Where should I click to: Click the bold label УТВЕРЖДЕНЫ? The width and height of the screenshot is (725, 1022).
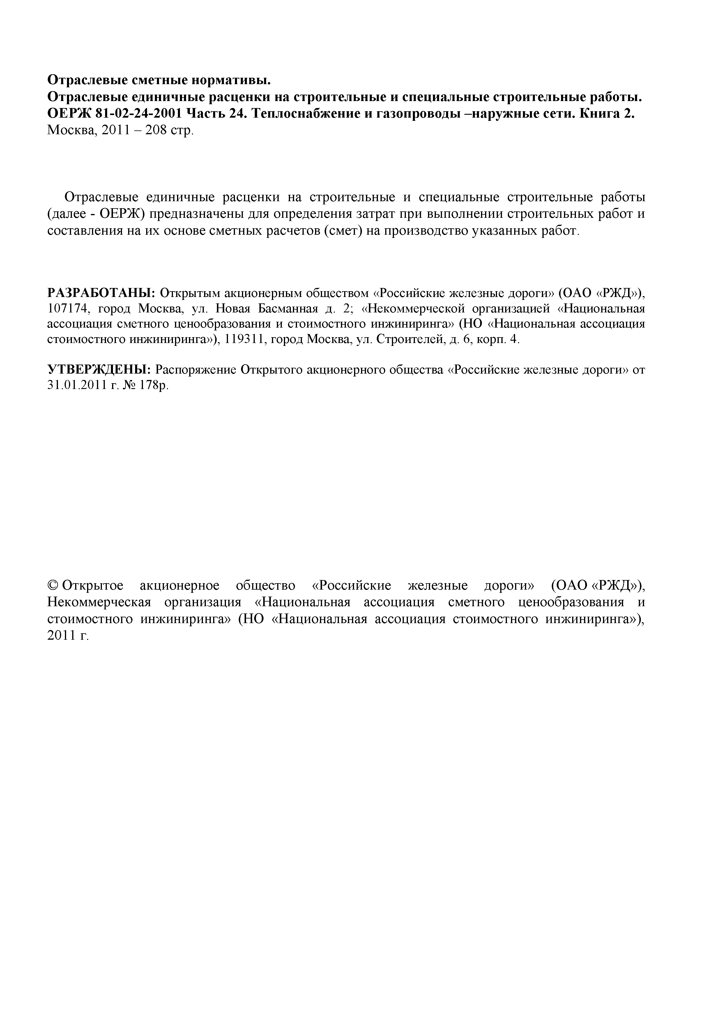99,370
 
